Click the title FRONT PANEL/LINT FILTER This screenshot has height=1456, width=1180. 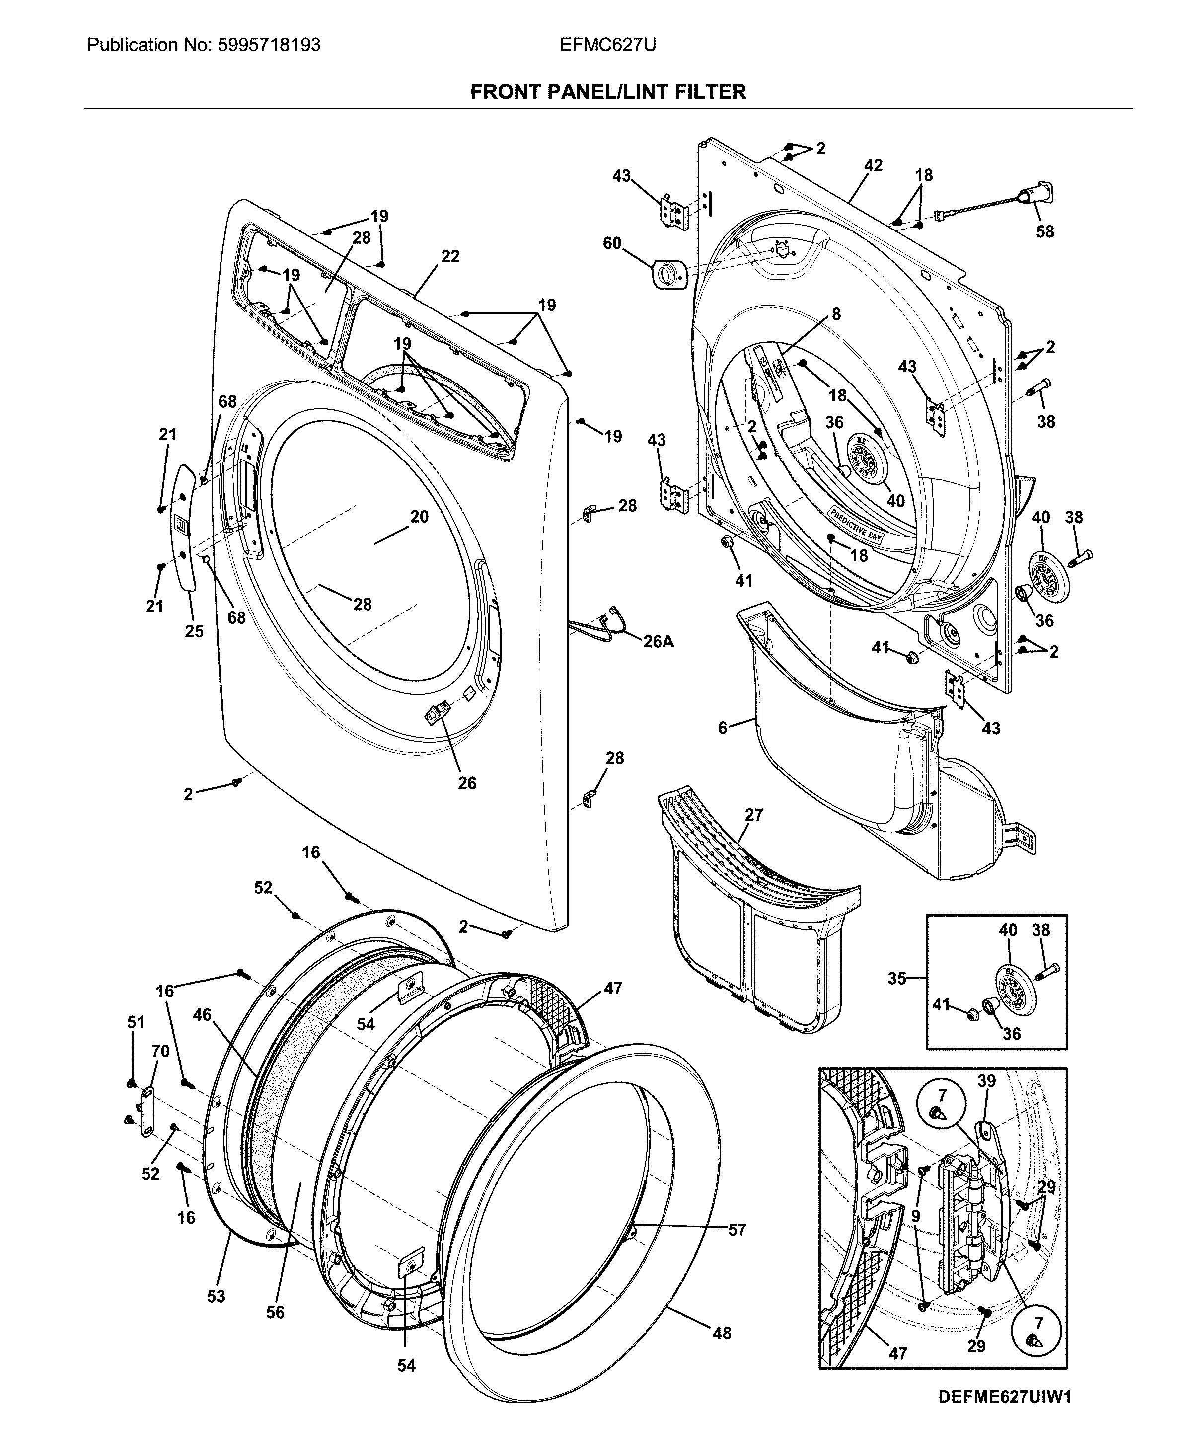click(x=608, y=92)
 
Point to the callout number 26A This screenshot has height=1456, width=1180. click(x=658, y=641)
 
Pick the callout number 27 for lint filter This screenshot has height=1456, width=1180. click(x=754, y=814)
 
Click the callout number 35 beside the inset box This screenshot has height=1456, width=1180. click(x=897, y=978)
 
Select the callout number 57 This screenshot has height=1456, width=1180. click(x=737, y=1229)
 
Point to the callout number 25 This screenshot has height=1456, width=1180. click(x=194, y=631)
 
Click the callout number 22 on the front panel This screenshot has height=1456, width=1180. click(x=450, y=256)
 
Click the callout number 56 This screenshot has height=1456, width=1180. click(x=275, y=1312)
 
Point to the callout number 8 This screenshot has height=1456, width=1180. click(x=836, y=314)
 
